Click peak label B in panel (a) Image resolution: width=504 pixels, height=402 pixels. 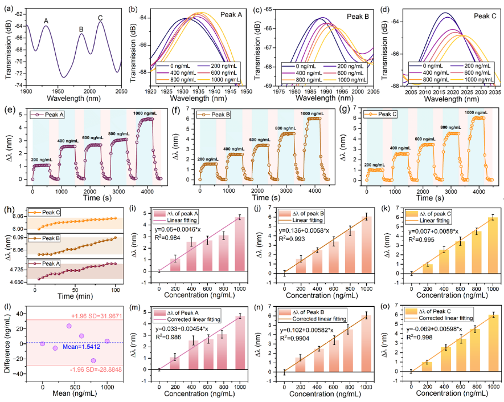tap(81, 29)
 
